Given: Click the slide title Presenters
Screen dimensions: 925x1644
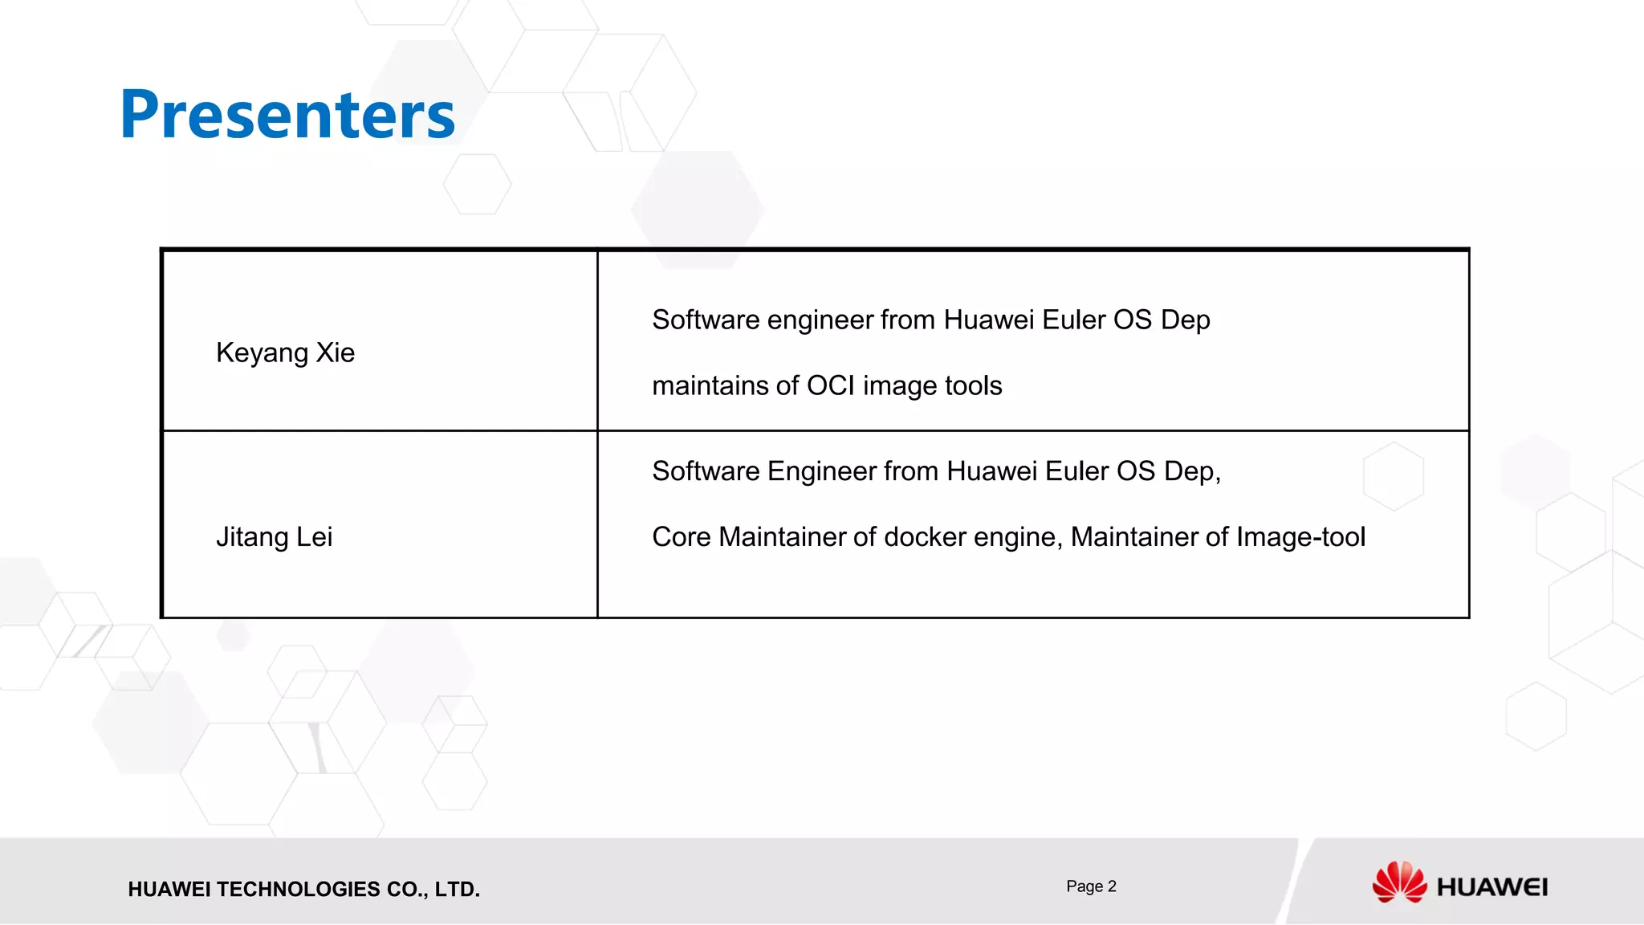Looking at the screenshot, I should (x=287, y=114).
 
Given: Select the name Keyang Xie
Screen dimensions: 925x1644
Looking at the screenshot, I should (x=285, y=352).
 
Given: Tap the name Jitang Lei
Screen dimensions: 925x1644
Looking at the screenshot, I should (x=274, y=536).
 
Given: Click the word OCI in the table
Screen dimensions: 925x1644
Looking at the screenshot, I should (x=830, y=385).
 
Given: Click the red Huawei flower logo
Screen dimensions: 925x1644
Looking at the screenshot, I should (x=1399, y=882).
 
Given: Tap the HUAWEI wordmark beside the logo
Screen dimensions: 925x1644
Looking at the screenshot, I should (x=1491, y=887).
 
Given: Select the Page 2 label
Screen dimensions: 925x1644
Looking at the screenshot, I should (x=1091, y=886).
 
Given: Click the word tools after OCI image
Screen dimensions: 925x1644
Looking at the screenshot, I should (x=973, y=385).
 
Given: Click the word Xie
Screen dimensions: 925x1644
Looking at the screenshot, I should (x=335, y=352).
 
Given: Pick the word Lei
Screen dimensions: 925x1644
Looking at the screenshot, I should (x=314, y=536).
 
